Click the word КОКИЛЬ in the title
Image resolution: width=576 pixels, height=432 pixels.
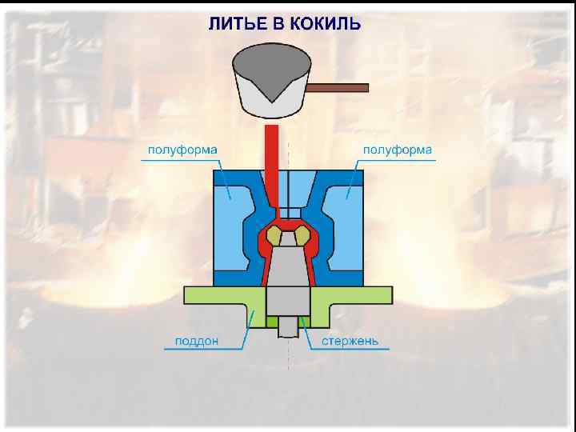[x=325, y=24]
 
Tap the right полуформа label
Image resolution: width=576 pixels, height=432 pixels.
[x=398, y=150]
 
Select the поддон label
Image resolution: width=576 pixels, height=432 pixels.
[x=197, y=342]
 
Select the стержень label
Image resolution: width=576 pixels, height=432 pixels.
[x=350, y=342]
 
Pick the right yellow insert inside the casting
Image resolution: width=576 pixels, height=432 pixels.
[x=302, y=235]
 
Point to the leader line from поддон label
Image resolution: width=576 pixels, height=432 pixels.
[x=248, y=326]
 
